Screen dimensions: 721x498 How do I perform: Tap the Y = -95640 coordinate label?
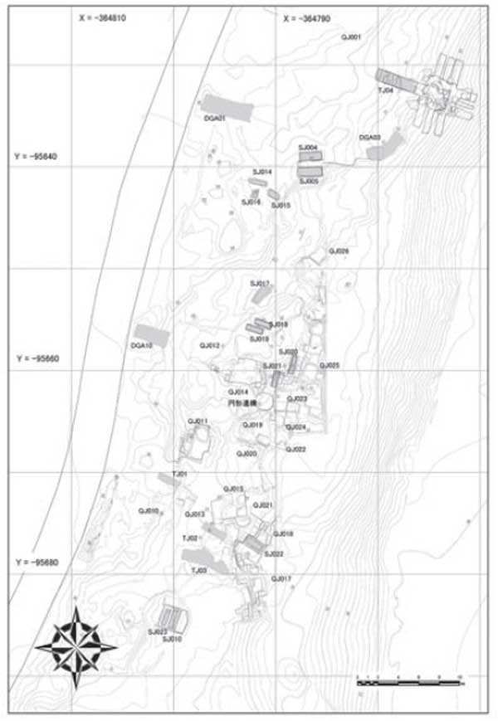[37, 157]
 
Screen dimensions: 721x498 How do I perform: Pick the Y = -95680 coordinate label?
[39, 563]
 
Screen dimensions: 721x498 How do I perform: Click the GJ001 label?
[351, 38]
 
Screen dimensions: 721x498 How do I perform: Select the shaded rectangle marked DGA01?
[228, 108]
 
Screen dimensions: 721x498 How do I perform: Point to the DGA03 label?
[370, 137]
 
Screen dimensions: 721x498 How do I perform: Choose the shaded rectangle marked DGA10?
[152, 336]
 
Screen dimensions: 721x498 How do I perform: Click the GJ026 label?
[339, 251]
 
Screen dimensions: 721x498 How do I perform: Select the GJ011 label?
[198, 422]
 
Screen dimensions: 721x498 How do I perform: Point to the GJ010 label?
[149, 510]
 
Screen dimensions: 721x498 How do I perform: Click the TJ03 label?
[198, 571]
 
